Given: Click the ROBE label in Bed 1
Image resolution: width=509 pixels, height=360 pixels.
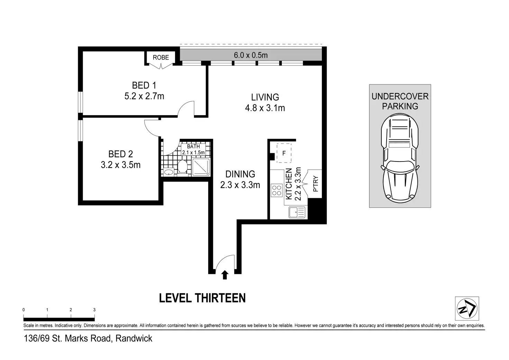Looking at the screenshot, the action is (161, 57).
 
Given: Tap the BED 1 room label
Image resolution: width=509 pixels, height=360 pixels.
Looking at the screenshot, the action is (144, 85).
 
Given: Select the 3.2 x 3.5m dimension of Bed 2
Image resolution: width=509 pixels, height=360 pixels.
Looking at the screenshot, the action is (121, 165).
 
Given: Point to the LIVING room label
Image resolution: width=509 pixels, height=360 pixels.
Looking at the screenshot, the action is (265, 97).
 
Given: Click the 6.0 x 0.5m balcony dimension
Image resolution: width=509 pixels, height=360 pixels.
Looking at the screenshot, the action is (251, 55).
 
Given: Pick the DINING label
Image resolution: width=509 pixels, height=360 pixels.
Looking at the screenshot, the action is (240, 174).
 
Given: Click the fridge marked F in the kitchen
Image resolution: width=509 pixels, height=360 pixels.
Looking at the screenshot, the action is (284, 153).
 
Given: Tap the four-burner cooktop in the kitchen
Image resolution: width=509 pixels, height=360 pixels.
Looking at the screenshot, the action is (277, 191).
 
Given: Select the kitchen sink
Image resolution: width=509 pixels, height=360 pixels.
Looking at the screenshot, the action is (297, 212).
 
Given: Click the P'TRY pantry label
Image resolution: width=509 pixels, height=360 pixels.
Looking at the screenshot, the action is (316, 184).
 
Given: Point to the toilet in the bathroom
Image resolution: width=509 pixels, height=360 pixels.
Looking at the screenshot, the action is (182, 167).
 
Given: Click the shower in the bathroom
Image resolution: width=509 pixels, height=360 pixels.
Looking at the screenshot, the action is (201, 167).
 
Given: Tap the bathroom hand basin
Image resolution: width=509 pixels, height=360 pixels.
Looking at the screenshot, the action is (168, 172).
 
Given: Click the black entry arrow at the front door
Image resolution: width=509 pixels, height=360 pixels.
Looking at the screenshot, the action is (225, 275).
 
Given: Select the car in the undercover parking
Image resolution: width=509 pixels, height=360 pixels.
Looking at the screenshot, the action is (400, 159).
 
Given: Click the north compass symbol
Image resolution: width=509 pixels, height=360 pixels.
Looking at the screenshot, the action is (467, 308).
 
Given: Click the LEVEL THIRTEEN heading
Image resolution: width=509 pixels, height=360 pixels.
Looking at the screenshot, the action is (202, 298).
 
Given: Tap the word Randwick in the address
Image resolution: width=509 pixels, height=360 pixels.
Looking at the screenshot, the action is (134, 339).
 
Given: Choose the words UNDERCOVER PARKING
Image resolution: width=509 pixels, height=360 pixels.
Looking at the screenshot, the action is (400, 101).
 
